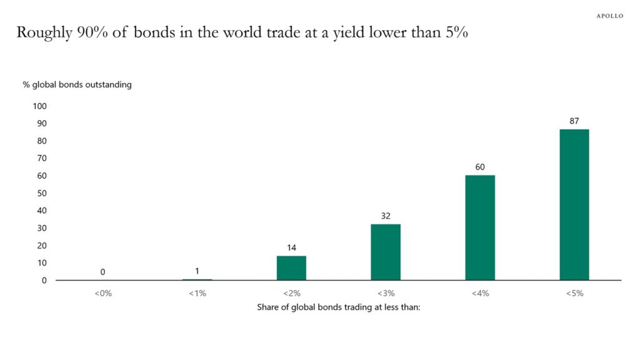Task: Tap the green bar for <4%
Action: pos(479,227)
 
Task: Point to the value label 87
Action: pos(574,120)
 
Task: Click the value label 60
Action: pos(479,167)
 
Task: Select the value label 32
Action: pos(385,216)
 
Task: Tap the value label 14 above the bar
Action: pos(291,247)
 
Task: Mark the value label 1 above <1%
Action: pos(197,271)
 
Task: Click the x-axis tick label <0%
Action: pos(102,293)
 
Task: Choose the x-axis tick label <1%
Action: pos(197,293)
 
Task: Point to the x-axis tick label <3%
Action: pos(385,293)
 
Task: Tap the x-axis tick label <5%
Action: pos(574,293)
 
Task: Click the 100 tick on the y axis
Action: pos(39,106)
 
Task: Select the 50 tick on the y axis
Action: pos(41,193)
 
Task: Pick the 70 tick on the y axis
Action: pos(41,158)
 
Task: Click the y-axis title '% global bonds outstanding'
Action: pos(81,84)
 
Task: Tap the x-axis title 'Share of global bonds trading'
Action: pos(338,307)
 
